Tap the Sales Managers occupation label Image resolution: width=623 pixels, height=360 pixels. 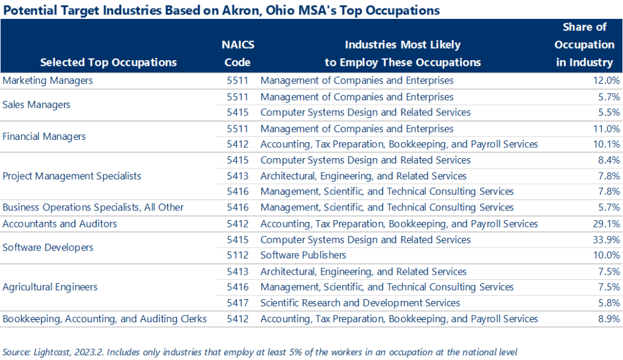coord(37,105)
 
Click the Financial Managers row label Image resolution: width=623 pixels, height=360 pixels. coord(44,136)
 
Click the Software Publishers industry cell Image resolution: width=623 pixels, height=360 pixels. coord(303,255)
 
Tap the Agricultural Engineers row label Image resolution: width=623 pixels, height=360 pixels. coord(50,287)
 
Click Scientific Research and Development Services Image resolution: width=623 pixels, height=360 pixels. coord(360,303)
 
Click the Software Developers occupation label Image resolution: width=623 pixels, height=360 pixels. coord(48,247)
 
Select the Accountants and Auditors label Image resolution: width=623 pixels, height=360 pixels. coord(60,224)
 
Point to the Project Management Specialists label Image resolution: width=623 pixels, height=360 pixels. coord(72,176)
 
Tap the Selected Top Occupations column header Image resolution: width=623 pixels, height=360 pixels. coord(108,62)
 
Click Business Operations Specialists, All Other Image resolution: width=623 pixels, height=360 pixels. coord(93,207)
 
